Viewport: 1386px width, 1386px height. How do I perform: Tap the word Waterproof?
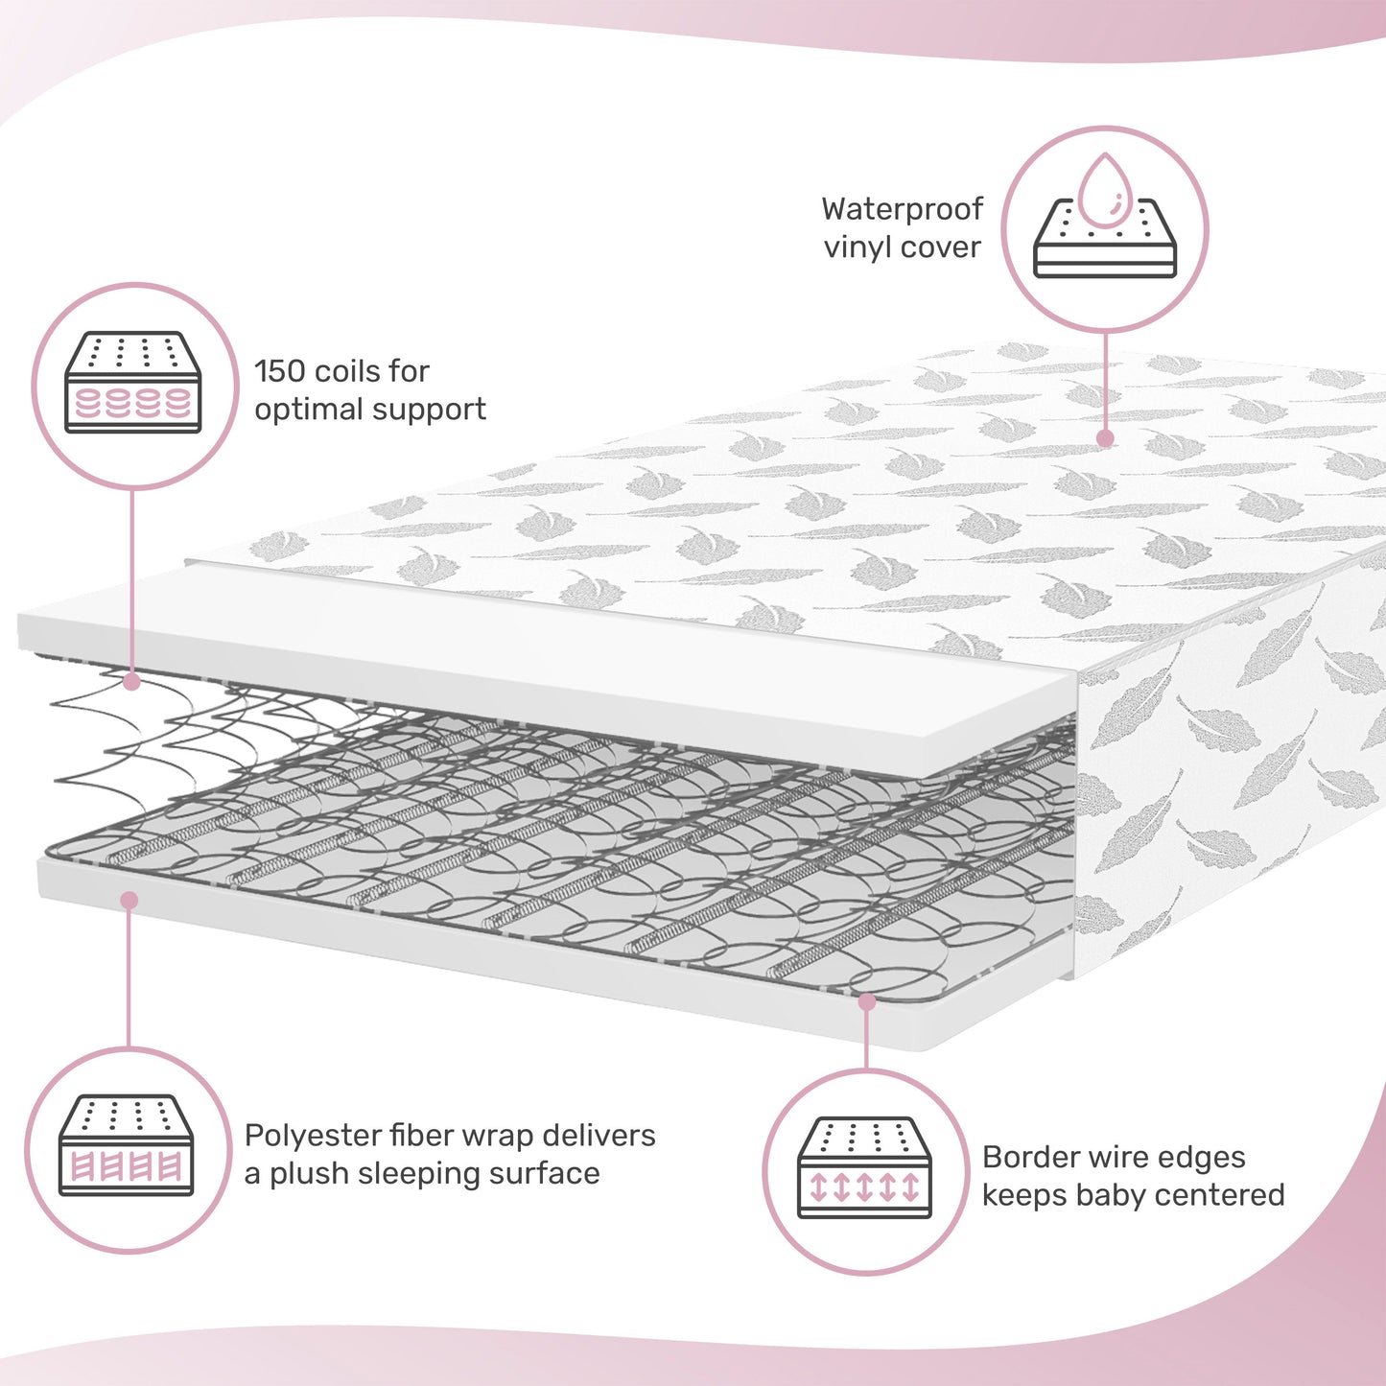pos(902,210)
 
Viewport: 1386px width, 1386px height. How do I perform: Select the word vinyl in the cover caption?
pos(857,247)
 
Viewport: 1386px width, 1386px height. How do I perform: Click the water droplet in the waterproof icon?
pos(1106,191)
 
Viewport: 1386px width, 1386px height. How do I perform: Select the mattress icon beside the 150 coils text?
pos(133,383)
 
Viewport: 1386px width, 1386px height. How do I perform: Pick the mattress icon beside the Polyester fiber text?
pos(127,1145)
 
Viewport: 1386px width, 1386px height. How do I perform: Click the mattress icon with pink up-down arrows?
pos(865,1167)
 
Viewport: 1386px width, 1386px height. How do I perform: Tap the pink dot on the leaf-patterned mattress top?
pos(1105,438)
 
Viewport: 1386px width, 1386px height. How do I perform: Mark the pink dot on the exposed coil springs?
pos(132,682)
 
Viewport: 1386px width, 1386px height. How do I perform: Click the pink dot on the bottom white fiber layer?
pos(129,900)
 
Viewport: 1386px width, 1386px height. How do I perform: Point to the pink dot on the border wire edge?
pos(867,1001)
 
